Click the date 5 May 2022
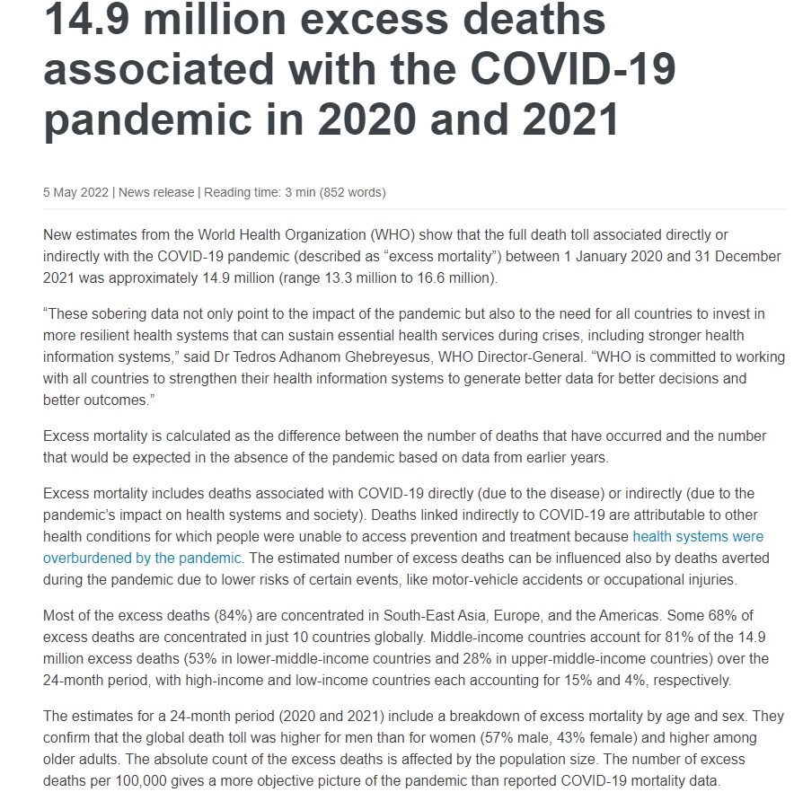pos(76,192)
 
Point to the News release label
pos(157,192)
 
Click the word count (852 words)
pos(353,192)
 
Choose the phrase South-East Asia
pos(434,616)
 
